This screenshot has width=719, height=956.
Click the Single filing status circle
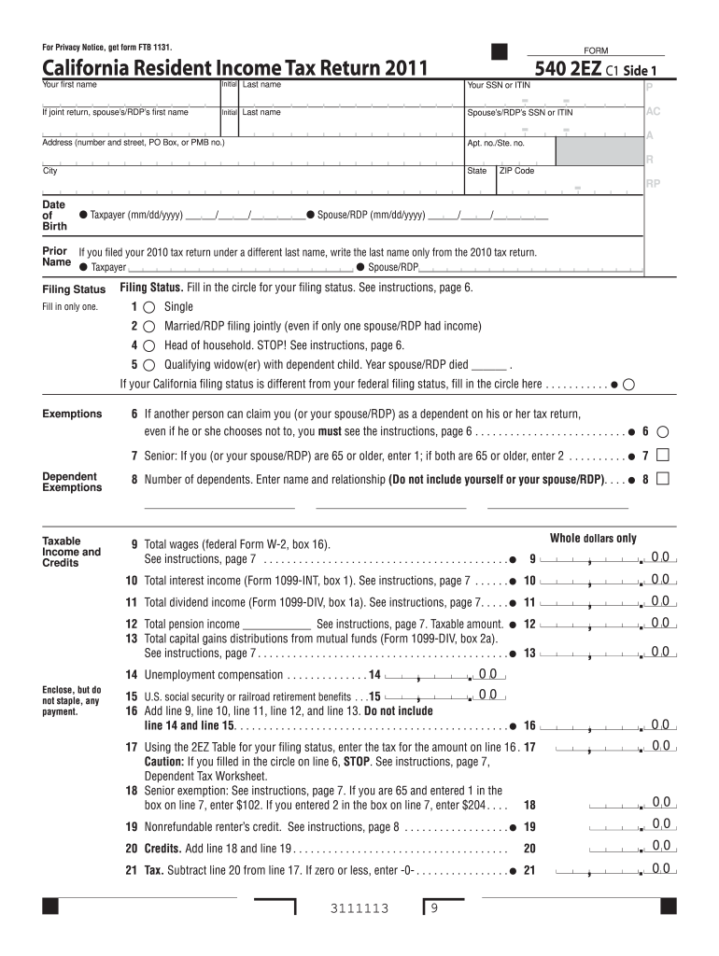[x=149, y=307]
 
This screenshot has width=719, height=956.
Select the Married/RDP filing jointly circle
[x=149, y=326]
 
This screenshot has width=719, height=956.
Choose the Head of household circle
[x=149, y=344]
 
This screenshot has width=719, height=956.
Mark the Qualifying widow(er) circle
[x=149, y=364]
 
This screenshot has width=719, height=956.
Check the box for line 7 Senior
[x=663, y=456]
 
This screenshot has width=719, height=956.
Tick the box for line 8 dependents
[x=663, y=479]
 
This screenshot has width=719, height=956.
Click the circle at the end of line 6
[x=663, y=432]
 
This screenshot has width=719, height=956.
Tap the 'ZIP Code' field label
[x=516, y=171]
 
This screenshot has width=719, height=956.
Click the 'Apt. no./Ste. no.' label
[x=496, y=144]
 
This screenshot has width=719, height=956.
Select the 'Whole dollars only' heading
[x=593, y=539]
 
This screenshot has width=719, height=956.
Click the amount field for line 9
[x=598, y=559]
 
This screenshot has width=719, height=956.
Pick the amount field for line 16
[x=598, y=725]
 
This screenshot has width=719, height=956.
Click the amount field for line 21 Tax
[x=598, y=870]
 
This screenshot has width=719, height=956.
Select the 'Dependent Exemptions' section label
[x=72, y=482]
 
